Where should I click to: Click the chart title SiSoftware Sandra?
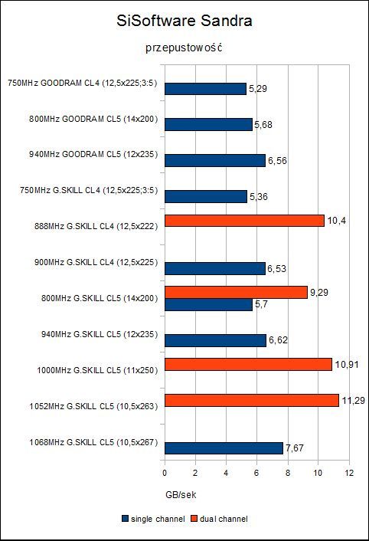pos(184,21)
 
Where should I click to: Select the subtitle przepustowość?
pos(184,48)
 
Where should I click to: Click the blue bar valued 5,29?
pos(205,89)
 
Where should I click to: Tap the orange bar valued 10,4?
pos(244,221)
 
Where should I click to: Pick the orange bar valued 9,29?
pos(236,292)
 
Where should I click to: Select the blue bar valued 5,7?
pos(208,304)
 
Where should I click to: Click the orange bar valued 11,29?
pos(252,400)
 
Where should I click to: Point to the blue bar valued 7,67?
pos(224,448)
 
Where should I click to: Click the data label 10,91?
pos(347,364)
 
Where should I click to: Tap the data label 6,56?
pos(277,161)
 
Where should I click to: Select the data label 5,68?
pos(263,125)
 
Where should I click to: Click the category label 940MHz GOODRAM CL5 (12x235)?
pos(93,154)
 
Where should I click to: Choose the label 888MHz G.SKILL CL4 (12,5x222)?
pos(96,226)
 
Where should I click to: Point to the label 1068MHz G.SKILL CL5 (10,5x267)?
pos(93,442)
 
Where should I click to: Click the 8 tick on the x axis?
pos(288,473)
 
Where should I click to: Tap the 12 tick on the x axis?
pos(349,473)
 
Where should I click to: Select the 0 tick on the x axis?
pos(165,473)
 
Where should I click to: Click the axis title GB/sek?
pos(181,495)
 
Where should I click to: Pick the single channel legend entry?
pos(153,519)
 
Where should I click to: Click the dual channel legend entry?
pos(219,519)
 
